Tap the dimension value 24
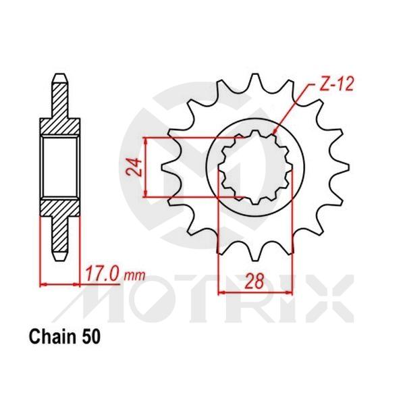tap(134, 167)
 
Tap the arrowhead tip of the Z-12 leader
tap(273, 133)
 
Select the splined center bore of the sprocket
tap(257, 169)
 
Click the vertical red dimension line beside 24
tap(146, 167)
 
